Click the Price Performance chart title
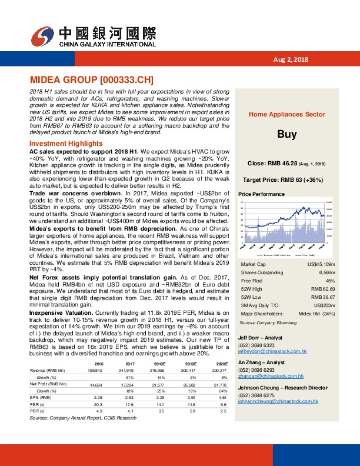coord(261,194)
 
